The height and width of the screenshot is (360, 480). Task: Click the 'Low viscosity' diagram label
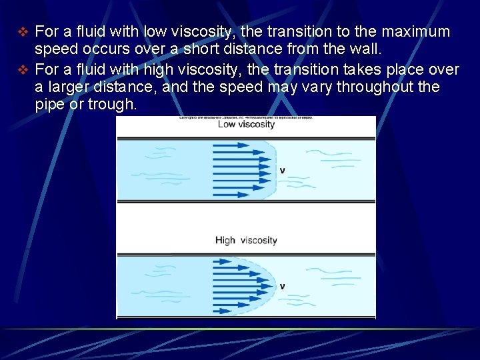(246, 125)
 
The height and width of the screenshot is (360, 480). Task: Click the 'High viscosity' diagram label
(246, 241)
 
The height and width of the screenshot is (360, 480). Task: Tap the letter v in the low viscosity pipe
(283, 171)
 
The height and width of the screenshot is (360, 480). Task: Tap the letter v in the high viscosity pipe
(283, 287)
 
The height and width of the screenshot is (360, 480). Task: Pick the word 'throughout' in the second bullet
(374, 87)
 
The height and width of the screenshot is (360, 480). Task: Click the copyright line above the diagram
(246, 118)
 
